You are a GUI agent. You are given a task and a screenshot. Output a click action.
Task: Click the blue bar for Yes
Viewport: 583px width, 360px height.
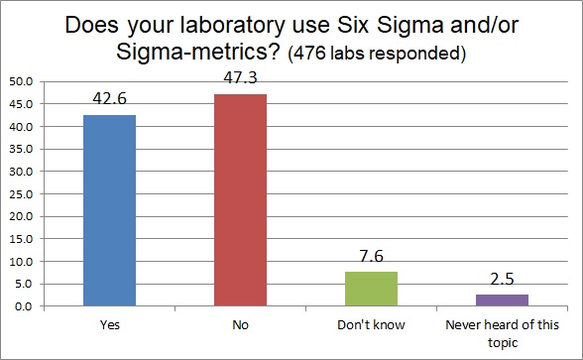coord(110,210)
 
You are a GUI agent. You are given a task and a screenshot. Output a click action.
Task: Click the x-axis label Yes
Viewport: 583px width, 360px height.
coord(110,323)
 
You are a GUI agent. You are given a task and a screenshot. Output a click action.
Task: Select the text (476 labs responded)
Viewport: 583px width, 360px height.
coord(376,53)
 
